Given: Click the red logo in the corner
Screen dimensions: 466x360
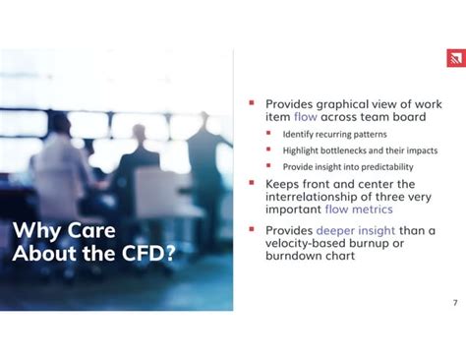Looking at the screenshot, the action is pyautogui.click(x=456, y=58).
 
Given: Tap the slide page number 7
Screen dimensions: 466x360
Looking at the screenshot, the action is pyautogui.click(x=455, y=303).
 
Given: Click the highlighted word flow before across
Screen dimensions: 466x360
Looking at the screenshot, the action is pyautogui.click(x=306, y=117).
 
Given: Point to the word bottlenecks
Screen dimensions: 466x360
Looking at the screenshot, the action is pyautogui.click(x=343, y=150).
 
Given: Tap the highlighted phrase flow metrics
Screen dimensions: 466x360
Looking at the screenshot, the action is pyautogui.click(x=359, y=210).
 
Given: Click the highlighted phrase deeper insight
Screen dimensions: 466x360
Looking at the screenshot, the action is pyautogui.click(x=356, y=231).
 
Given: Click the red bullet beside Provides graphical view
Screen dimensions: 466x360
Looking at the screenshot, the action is pyautogui.click(x=252, y=103).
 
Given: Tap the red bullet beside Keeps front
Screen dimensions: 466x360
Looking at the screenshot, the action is pyautogui.click(x=252, y=183).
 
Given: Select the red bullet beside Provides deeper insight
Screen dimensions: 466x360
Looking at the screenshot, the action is pyautogui.click(x=252, y=229).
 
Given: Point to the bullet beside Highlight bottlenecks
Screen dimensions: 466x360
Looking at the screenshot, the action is pyautogui.click(x=268, y=150).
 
